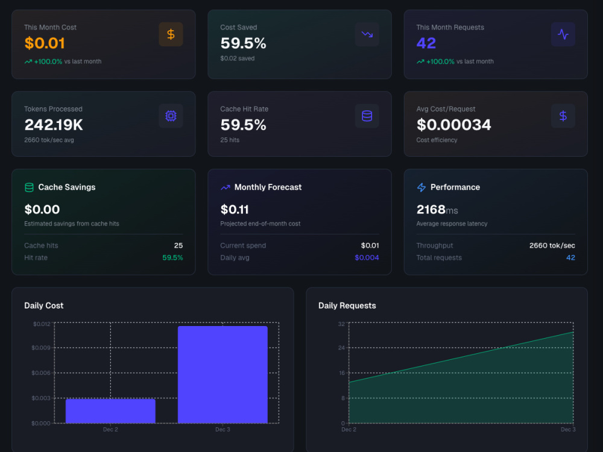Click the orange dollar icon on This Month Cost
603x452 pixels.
tap(171, 34)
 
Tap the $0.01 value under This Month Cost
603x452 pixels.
tap(45, 43)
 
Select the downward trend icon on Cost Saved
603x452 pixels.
tap(367, 34)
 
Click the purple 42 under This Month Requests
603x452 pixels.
tap(426, 43)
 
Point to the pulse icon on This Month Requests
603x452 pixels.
tap(563, 34)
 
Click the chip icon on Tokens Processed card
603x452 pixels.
tap(171, 116)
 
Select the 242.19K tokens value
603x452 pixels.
tap(54, 125)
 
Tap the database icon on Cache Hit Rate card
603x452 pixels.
tap(367, 116)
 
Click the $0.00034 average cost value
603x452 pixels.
tap(454, 125)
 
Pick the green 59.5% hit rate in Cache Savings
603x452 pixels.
tap(172, 257)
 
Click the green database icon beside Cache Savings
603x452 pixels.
tap(29, 187)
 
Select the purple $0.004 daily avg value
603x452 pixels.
tap(367, 257)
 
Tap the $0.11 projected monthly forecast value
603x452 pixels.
tap(235, 210)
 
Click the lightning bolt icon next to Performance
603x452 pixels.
tap(421, 187)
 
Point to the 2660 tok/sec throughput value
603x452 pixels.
tap(552, 245)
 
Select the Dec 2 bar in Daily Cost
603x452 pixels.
tap(110, 411)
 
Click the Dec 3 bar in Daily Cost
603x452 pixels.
tap(223, 375)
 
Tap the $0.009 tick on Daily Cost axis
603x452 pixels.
tap(41, 348)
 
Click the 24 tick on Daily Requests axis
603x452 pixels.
tap(341, 348)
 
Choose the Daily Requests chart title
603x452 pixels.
tap(347, 306)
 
